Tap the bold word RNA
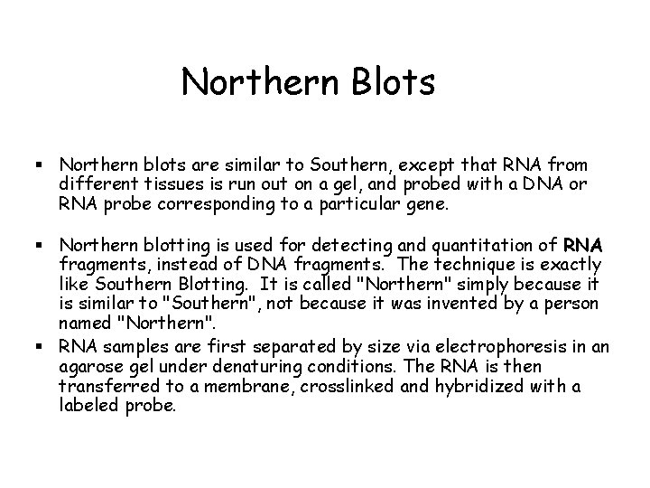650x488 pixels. pos(583,246)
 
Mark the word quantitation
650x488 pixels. pos(472,246)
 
